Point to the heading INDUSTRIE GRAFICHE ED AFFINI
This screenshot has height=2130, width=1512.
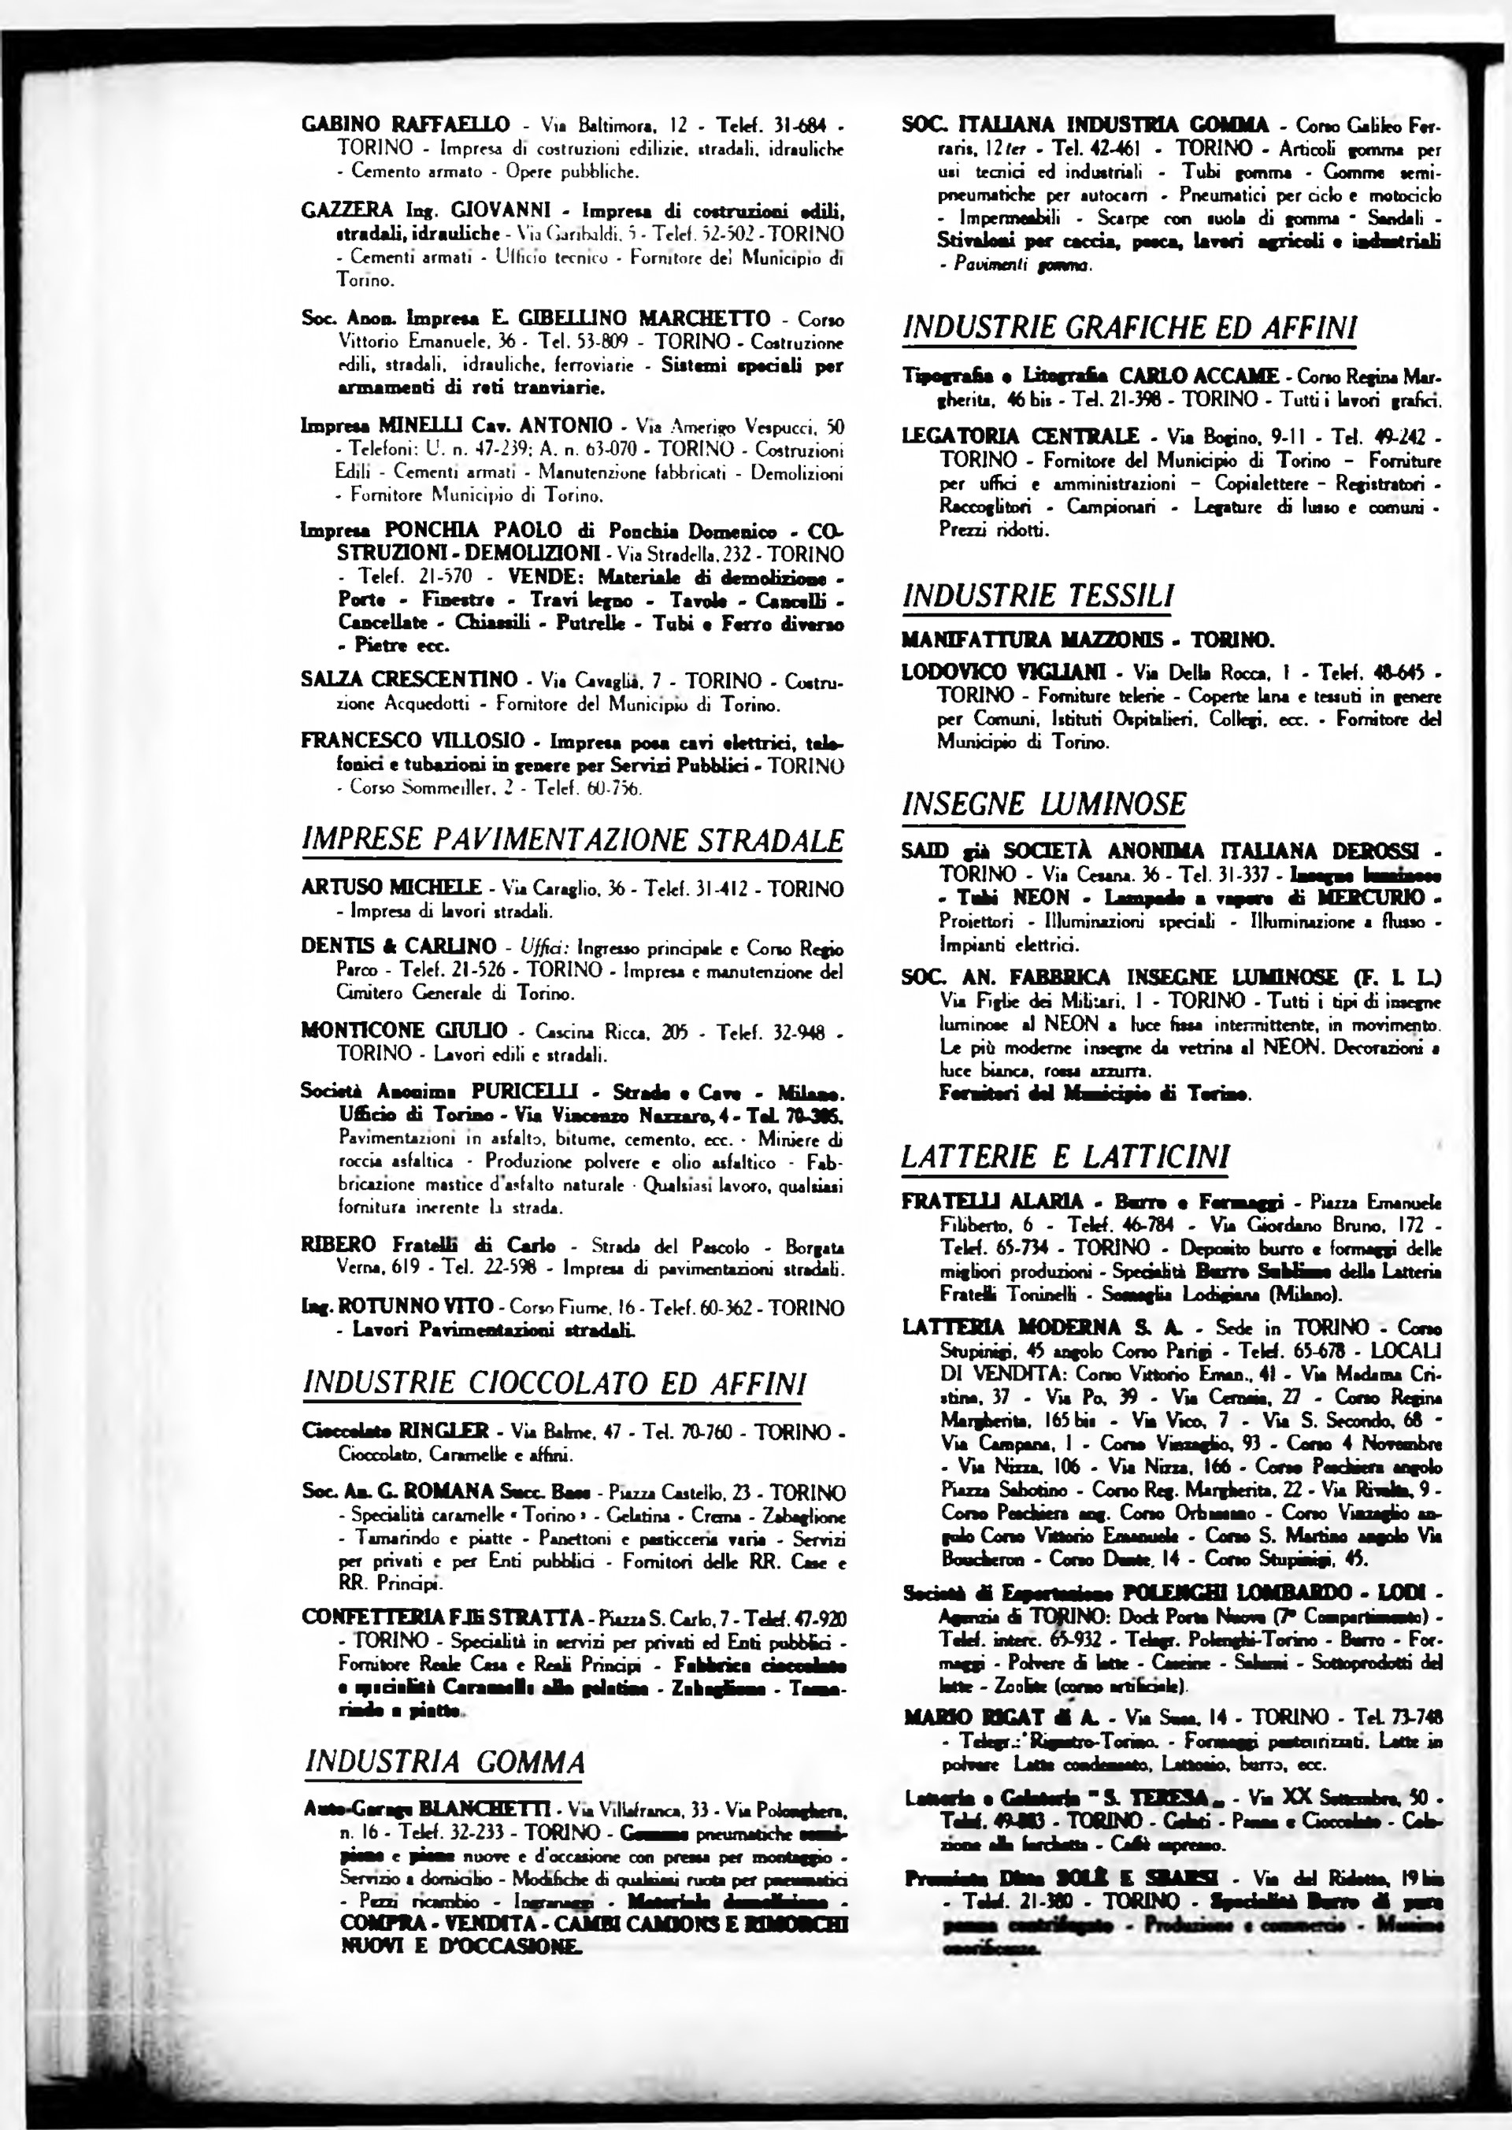1128,328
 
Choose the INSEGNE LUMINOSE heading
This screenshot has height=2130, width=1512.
1043,803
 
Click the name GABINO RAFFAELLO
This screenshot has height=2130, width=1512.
406,124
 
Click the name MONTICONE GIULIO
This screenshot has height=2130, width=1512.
405,1031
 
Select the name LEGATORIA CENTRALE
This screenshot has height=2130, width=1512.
1021,435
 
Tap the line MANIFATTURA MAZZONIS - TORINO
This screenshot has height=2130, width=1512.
1088,639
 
